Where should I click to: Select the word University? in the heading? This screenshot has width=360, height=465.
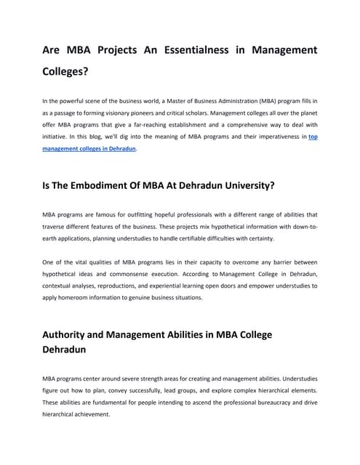240,185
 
